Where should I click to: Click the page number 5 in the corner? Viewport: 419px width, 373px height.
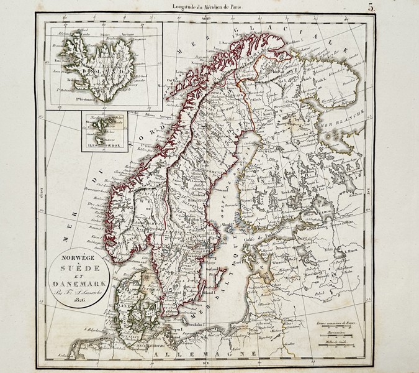(403, 8)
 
